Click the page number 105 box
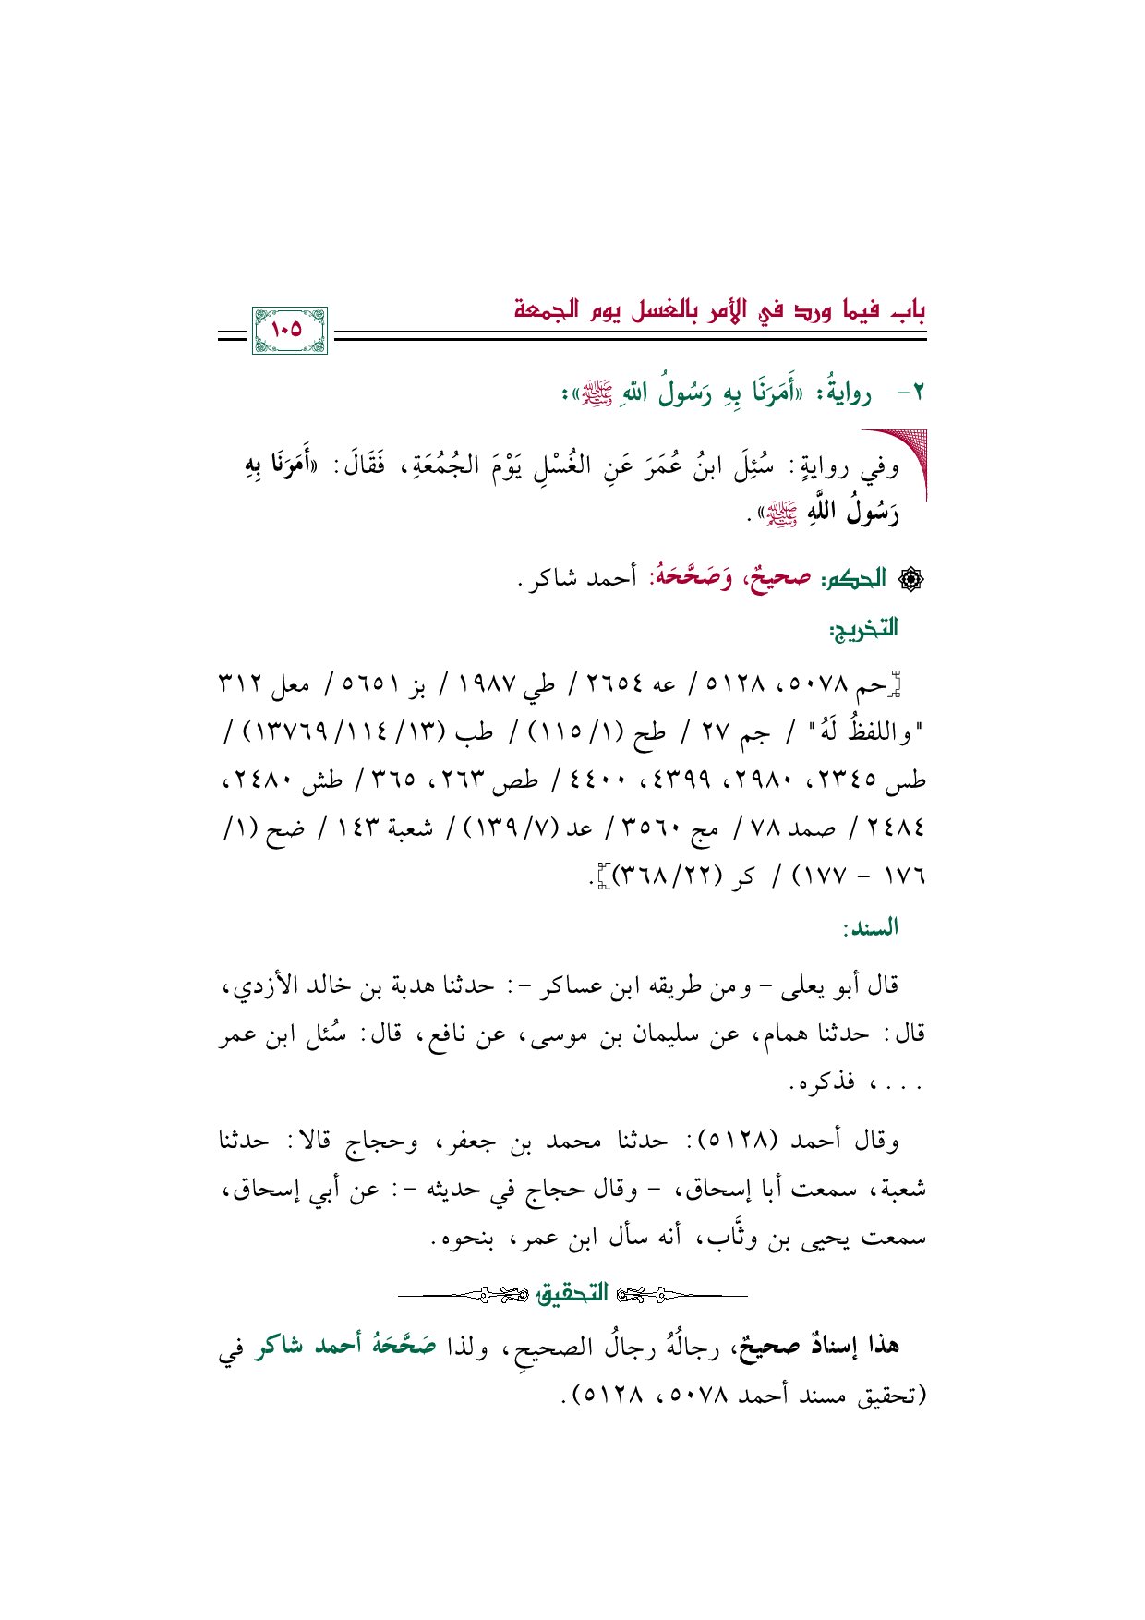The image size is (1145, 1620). tap(289, 330)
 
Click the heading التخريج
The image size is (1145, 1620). tap(864, 630)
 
